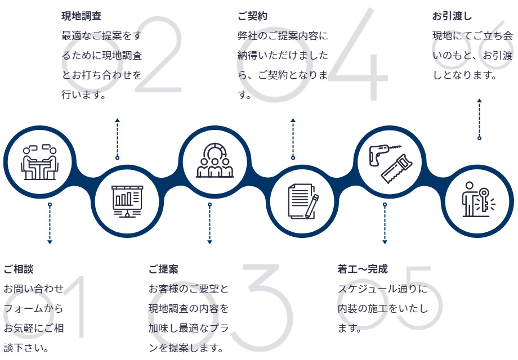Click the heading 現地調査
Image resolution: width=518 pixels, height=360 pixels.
81,16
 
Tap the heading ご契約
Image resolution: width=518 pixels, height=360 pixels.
252,16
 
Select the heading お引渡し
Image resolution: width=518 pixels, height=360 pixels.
452,16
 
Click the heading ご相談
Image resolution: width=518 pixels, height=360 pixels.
19,269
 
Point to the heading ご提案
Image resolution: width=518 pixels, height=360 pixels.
163,269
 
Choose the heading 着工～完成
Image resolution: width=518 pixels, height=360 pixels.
363,269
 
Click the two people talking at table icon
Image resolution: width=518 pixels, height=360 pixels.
39,161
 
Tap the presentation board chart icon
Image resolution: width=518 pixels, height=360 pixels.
127,201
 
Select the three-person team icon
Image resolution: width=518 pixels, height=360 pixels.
215,161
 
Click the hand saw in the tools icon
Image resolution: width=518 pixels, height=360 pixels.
397,169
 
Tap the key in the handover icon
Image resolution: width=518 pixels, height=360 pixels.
485,200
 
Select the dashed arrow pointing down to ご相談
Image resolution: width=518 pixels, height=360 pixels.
50,223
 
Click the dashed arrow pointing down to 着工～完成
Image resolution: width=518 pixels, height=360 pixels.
385,223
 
